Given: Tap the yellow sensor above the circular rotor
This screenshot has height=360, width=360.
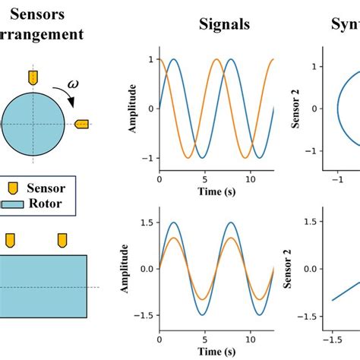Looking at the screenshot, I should pyautogui.click(x=33, y=77).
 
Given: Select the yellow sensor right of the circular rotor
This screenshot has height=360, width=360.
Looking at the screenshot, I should pyautogui.click(x=82, y=123).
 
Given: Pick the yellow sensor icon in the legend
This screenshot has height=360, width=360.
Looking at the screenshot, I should pyautogui.click(x=12, y=188).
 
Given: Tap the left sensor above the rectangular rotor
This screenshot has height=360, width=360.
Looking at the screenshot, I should pyautogui.click(x=11, y=240).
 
